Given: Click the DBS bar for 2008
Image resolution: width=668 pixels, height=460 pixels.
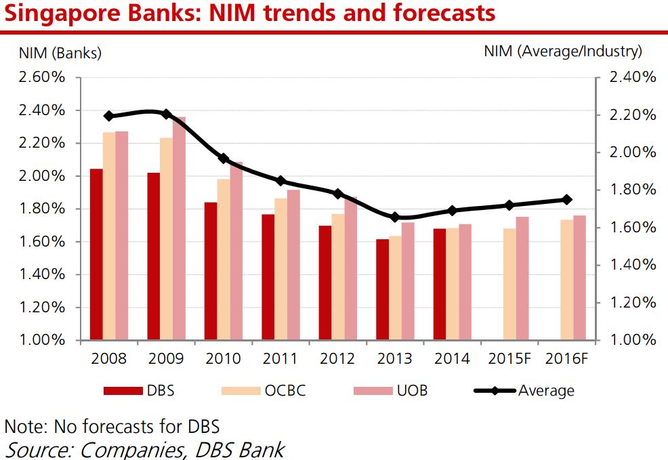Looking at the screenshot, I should tap(96, 254).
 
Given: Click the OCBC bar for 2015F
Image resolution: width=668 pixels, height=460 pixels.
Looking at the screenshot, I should tap(509, 284).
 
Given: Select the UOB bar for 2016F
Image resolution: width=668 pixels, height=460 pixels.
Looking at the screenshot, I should tap(579, 277).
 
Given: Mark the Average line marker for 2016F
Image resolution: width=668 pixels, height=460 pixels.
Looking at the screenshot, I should tap(566, 199).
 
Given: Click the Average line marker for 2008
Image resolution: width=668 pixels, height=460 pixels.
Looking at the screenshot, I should tap(109, 116).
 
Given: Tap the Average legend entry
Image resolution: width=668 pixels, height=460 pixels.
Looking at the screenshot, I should tap(522, 390).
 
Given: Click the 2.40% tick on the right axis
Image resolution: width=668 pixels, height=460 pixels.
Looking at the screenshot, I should tap(633, 77).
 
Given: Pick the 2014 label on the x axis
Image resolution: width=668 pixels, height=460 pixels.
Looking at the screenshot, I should tap(453, 358).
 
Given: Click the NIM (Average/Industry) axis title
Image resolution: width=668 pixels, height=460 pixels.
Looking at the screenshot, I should tap(562, 51).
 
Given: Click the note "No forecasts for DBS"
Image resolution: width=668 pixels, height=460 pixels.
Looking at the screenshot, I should tap(112, 427).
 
